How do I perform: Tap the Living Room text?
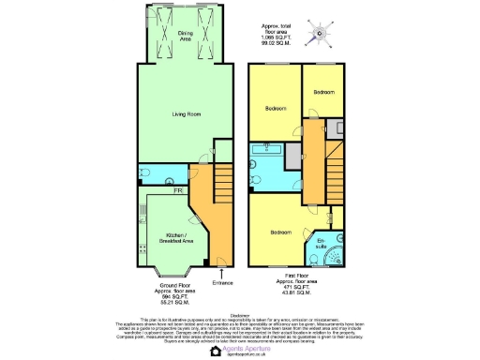[185, 115]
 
